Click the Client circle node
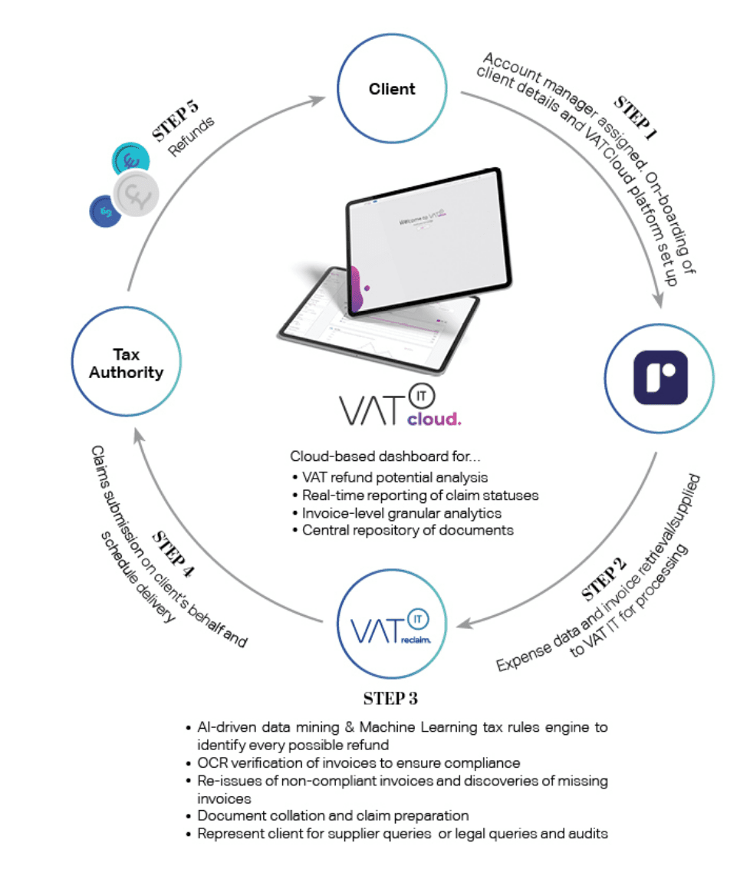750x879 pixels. point(391,89)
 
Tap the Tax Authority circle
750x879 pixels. point(127,363)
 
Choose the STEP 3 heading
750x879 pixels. point(391,699)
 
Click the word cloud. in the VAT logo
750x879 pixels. point(433,420)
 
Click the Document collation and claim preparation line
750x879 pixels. point(333,815)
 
